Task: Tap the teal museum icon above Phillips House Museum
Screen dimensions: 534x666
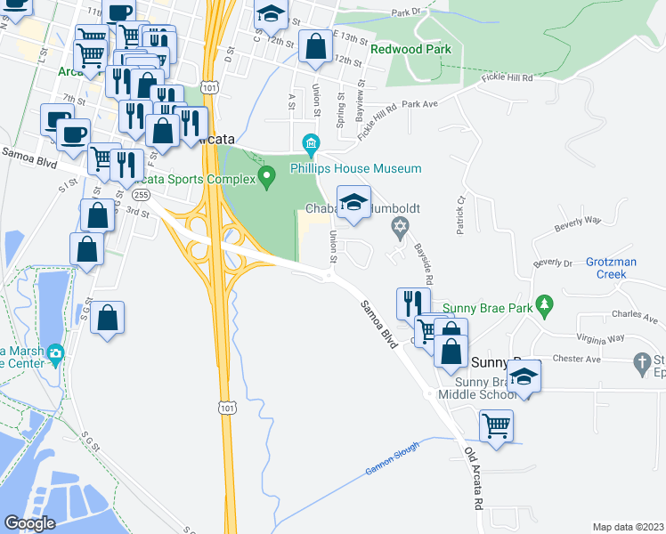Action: click(311, 142)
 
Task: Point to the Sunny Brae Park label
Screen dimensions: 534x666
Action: click(503, 309)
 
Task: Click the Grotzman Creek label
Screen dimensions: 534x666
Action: click(618, 268)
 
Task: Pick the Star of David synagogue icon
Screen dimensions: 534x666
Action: click(400, 229)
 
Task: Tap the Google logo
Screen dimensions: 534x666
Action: click(29, 522)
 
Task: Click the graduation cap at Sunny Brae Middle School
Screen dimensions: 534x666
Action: click(525, 377)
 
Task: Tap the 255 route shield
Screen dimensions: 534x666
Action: click(140, 194)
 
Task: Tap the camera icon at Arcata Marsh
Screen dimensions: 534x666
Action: click(55, 354)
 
